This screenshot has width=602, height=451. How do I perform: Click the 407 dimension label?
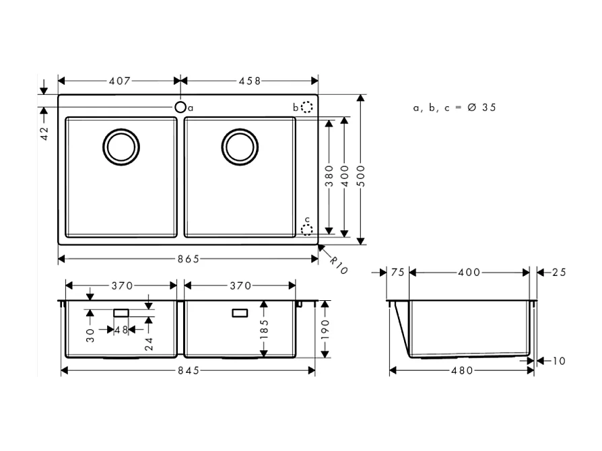pos(119,81)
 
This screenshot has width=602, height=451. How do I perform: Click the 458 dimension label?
pos(249,81)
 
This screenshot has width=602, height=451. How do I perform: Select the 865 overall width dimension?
pos(188,259)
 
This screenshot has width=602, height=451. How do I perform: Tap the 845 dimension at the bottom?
pos(188,370)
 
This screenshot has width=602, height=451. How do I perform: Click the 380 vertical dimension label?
pos(329,176)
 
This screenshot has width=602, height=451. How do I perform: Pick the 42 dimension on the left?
pos(44,133)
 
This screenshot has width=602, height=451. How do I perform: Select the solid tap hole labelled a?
pos(180,107)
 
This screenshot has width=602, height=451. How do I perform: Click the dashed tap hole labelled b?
pos(306,107)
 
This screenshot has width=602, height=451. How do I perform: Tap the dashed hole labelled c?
pos(306,230)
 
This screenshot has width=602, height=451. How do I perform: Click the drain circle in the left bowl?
pos(122,145)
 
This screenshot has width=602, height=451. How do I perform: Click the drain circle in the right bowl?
pos(240,145)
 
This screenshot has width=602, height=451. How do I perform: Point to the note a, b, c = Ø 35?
pos(455,107)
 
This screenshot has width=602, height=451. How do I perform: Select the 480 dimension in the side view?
pos(462,370)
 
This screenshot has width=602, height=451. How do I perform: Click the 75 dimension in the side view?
pos(397,272)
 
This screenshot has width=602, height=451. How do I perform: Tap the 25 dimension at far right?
pos(559,272)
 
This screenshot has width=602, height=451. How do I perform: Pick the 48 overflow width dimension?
pos(121,330)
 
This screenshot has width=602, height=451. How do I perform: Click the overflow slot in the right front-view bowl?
pos(240,313)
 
